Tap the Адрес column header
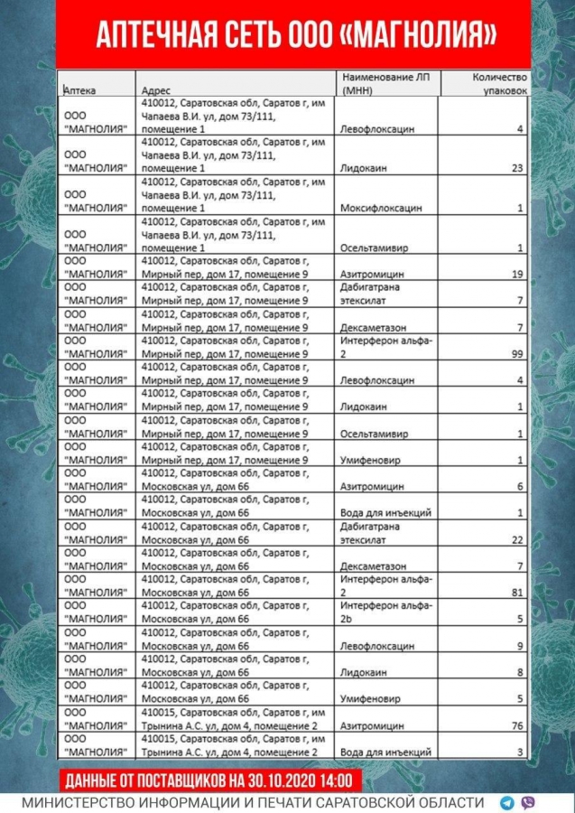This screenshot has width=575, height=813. pyautogui.click(x=157, y=89)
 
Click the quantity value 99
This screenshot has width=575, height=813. pyautogui.click(x=517, y=355)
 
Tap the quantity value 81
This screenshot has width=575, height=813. pyautogui.click(x=517, y=593)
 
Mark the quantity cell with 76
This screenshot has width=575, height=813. pyautogui.click(x=517, y=725)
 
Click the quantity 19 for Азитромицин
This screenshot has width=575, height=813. pyautogui.click(x=517, y=274)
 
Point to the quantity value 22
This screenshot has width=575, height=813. pyautogui.click(x=517, y=539)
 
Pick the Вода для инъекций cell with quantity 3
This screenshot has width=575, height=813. pyautogui.click(x=385, y=752)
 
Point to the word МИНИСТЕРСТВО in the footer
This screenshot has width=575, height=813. pyautogui.click(x=77, y=802)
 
